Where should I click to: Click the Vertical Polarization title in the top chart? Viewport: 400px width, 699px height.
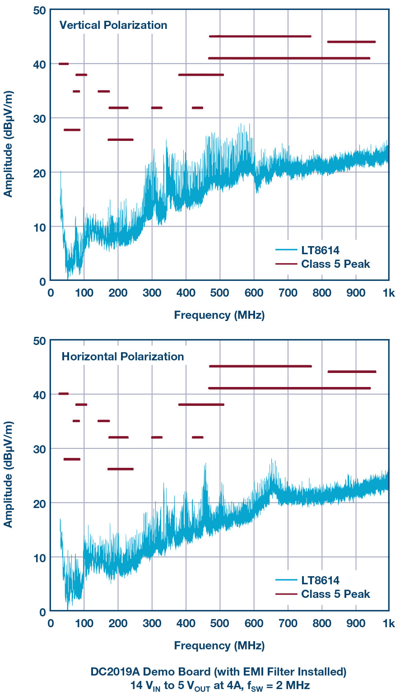(113, 25)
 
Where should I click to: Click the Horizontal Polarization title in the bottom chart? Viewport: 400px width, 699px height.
(123, 356)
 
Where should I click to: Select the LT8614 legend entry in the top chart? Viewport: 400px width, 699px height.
(320, 249)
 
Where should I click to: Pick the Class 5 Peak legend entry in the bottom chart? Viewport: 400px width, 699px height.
(335, 594)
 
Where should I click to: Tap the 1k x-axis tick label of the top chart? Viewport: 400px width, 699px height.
(389, 293)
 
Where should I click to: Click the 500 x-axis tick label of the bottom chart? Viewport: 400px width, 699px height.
(220, 624)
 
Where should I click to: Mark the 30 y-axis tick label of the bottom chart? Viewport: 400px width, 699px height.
(40, 448)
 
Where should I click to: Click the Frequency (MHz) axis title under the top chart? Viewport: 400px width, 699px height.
(219, 315)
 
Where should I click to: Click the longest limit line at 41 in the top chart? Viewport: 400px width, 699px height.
(289, 58)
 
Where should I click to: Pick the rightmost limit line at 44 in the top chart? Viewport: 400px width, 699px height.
(351, 42)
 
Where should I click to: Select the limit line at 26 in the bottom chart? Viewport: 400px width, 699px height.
(121, 469)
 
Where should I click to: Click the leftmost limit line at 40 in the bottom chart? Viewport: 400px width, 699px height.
(64, 394)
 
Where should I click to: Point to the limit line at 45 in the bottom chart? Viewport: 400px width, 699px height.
(260, 366)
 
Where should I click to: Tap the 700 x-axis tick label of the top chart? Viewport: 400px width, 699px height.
(288, 293)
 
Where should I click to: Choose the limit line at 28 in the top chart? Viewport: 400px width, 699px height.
(72, 130)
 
